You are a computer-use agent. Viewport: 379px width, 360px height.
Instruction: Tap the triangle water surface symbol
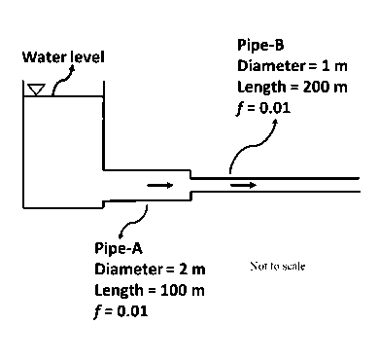click(x=37, y=90)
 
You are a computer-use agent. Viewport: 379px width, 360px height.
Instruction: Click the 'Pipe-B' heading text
click(x=260, y=45)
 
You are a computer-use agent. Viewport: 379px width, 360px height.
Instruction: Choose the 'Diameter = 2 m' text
click(x=150, y=268)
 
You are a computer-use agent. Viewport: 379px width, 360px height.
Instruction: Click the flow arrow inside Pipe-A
click(x=158, y=184)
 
